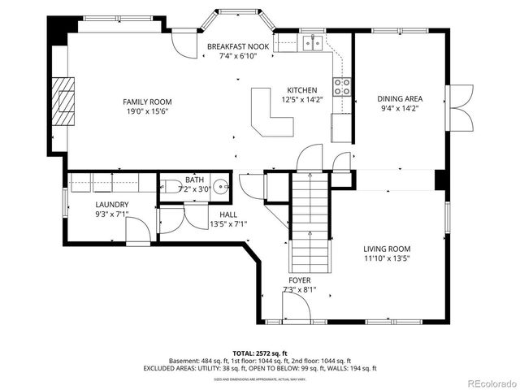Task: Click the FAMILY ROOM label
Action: pyautogui.click(x=147, y=102)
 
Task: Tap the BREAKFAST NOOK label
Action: pyautogui.click(x=238, y=47)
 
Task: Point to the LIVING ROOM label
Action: pyautogui.click(x=387, y=249)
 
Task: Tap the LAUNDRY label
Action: pyautogui.click(x=111, y=204)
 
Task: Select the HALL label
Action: pyautogui.click(x=227, y=214)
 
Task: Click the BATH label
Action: pyautogui.click(x=194, y=180)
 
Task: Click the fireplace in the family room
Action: pyautogui.click(x=64, y=102)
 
